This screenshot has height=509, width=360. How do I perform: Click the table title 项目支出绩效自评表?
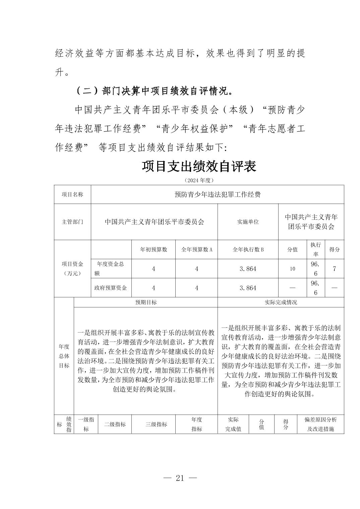point(199,166)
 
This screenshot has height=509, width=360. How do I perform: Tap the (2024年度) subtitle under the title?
point(199,180)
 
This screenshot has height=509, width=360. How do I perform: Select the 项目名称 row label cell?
point(72,195)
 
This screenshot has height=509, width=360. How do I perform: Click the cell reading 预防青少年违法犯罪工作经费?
point(218,195)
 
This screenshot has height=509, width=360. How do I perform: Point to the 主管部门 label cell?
point(72,222)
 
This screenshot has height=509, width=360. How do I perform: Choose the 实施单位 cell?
point(248,222)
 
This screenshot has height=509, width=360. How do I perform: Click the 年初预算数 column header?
point(154,249)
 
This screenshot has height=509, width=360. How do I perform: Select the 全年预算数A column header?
point(197,249)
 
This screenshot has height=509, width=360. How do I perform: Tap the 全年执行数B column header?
point(248,249)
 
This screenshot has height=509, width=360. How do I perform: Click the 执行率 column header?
point(315,249)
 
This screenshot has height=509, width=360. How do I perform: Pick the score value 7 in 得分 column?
point(334,269)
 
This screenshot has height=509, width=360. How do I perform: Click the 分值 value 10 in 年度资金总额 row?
point(292,269)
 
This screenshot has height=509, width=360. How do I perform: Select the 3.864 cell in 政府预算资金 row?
point(248,288)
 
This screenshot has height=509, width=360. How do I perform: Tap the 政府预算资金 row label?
point(111,288)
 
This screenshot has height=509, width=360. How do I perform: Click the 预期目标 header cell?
point(146,302)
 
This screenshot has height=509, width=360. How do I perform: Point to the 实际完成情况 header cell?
point(281,302)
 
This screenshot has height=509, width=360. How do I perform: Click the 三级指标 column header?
point(156,424)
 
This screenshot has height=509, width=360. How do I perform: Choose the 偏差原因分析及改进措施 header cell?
point(320,424)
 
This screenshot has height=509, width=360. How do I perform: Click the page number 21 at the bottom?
point(180,478)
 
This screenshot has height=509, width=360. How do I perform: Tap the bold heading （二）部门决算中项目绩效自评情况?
point(154,91)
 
